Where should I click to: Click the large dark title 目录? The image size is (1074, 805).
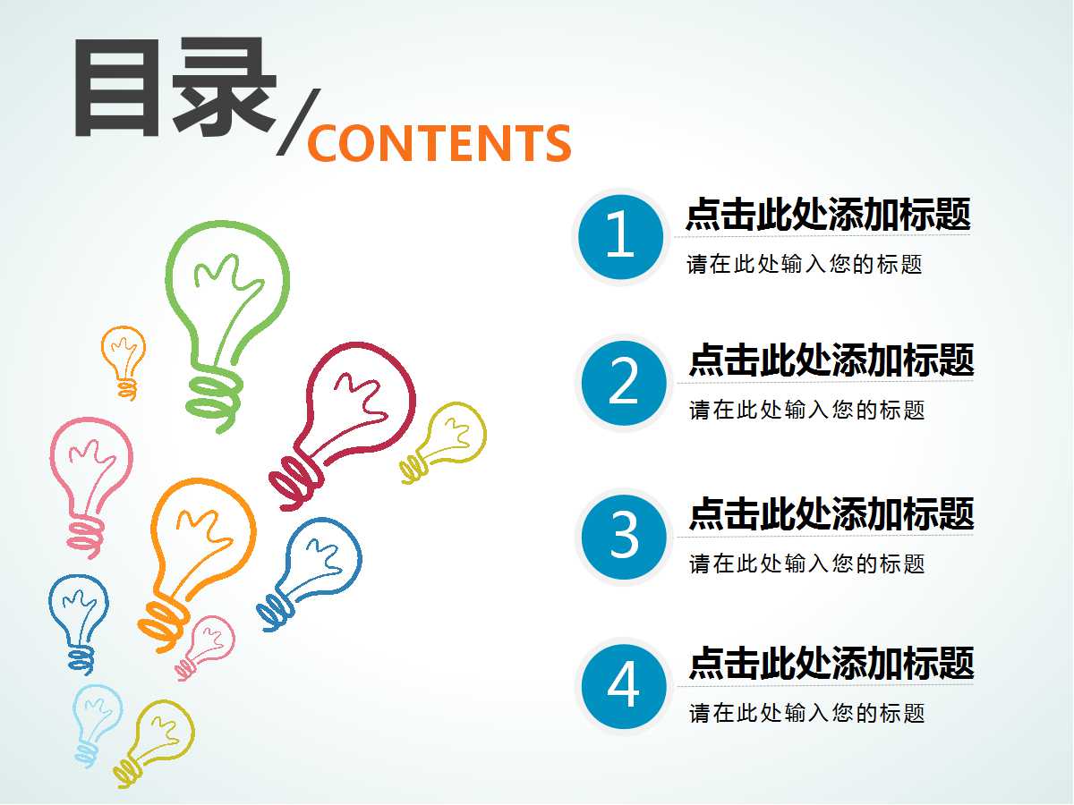click(x=175, y=87)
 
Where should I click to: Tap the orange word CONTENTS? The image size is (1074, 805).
click(x=439, y=143)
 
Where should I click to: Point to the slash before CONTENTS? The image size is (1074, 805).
click(x=298, y=123)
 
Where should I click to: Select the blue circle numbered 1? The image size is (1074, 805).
click(x=620, y=237)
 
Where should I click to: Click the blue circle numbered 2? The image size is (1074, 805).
click(x=624, y=383)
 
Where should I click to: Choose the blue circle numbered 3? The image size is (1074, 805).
click(x=624, y=537)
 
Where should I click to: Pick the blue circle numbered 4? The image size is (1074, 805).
click(x=624, y=686)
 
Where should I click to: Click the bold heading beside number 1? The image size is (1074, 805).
click(x=828, y=214)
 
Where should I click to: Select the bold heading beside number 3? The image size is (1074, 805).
click(x=831, y=513)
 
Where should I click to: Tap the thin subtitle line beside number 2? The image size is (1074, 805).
click(x=807, y=410)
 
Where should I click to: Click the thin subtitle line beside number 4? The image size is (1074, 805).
click(x=807, y=713)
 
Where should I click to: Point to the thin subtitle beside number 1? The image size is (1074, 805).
click(x=804, y=264)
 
